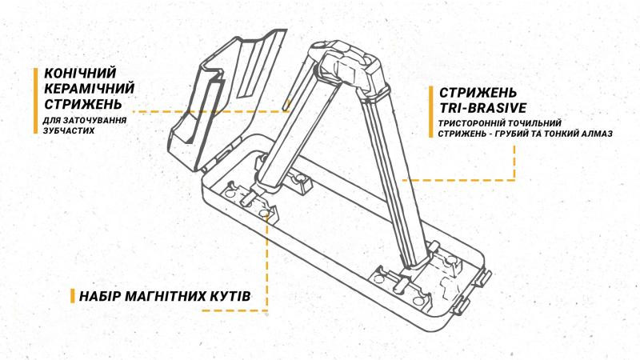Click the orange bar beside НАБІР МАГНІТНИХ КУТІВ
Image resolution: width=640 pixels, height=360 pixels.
coord(72,297)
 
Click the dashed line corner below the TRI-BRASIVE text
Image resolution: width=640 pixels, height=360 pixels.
coord(513,180)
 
